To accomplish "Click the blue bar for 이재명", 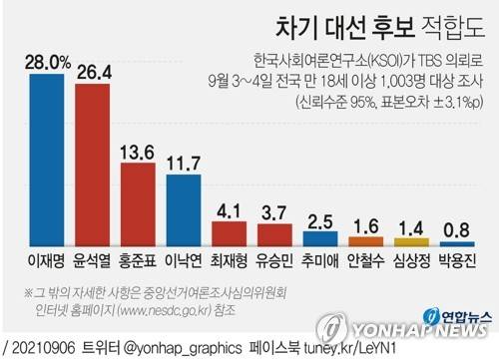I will coord(48,160).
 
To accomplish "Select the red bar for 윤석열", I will coord(93,165).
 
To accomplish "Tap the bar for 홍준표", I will coord(139,204).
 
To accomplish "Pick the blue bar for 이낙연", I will coord(184,209).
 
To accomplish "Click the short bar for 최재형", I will coord(230,235).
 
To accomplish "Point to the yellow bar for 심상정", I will coord(411,241).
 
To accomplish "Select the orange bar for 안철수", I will coord(365,240).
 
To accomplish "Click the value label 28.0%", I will coord(48,62).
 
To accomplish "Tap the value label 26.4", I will coord(93,72).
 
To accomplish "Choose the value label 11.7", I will coord(184,162).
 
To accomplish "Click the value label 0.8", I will coord(456,228).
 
